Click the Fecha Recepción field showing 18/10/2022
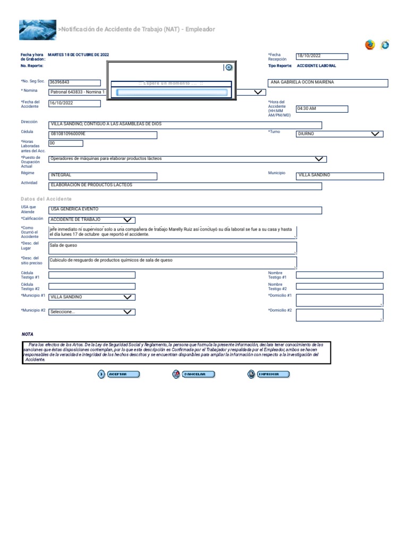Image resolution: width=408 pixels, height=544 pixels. pos(321,56)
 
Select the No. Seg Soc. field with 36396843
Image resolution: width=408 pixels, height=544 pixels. pos(74,82)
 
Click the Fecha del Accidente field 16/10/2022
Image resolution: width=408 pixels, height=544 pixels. pos(74,103)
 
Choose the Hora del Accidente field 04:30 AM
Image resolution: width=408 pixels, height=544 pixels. pos(321,109)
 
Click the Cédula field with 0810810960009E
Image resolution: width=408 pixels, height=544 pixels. pos(103,135)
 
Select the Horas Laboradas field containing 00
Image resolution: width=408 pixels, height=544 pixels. pos(65,143)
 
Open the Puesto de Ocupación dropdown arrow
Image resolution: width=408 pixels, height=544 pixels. pos(319,159)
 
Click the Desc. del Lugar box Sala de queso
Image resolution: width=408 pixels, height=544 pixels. pos(172,248)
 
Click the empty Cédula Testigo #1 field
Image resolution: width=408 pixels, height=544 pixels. pos(91,275)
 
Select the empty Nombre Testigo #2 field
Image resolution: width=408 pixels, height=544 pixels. pos(339,286)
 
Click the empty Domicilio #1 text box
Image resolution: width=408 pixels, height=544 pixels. pos(339,300)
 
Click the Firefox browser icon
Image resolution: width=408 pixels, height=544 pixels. pos(370,45)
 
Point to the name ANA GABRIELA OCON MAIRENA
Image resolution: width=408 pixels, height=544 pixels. pos(302,83)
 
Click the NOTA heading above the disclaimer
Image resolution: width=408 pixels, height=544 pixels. pos(27,334)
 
